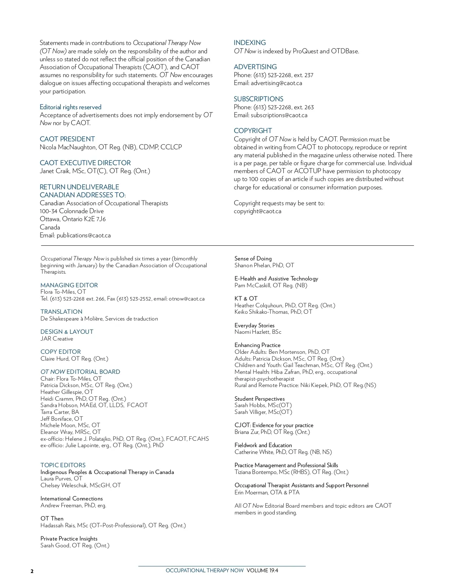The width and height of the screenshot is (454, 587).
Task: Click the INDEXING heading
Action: click(x=250, y=43)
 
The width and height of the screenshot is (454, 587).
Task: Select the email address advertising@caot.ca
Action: click(x=276, y=83)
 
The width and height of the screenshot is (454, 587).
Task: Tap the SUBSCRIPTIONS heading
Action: click(x=258, y=99)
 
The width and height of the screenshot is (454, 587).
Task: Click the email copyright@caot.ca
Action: click(x=258, y=211)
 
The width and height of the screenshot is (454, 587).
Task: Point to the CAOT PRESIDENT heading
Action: click(x=67, y=139)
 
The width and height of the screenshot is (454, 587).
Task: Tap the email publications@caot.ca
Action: click(x=84, y=235)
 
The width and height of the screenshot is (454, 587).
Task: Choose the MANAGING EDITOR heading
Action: click(x=69, y=285)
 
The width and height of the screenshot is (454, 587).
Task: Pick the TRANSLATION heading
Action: click(x=61, y=312)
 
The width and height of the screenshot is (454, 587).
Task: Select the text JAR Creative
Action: click(x=57, y=339)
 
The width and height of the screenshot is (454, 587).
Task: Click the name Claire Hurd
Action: click(x=54, y=359)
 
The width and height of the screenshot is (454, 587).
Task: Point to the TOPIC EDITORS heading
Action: click(x=63, y=465)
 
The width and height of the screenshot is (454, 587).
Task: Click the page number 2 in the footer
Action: click(x=32, y=571)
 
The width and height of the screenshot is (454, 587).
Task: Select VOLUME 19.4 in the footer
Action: click(x=262, y=571)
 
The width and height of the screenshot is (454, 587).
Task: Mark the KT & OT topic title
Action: click(x=246, y=299)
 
